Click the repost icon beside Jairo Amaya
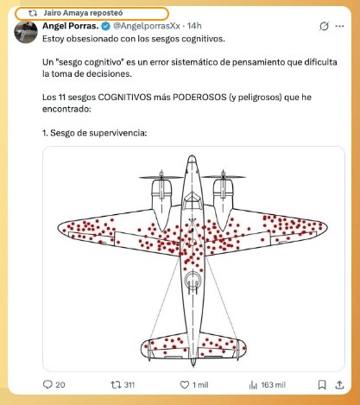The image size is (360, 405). tap(33, 13)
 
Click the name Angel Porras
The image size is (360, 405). tap(71, 26)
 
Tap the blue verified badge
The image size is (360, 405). tap(105, 26)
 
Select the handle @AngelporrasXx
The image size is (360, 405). tap(147, 26)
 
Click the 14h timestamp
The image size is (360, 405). tap(194, 26)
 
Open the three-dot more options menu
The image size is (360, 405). tap(339, 26)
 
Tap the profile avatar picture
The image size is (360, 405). tap(26, 31)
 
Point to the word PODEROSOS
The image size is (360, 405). tap(199, 97)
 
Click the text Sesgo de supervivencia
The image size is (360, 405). tap(98, 133)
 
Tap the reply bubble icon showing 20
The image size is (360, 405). tap(47, 384)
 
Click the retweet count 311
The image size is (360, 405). tap(129, 385)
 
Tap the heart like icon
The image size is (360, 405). tap(184, 385)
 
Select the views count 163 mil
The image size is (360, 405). tap(274, 385)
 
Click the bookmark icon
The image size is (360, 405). tap(322, 385)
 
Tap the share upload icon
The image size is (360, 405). tap(339, 384)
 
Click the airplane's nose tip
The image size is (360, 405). tap(192, 155)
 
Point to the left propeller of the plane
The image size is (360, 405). tap(161, 177)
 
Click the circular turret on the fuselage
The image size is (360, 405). tap(193, 280)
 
